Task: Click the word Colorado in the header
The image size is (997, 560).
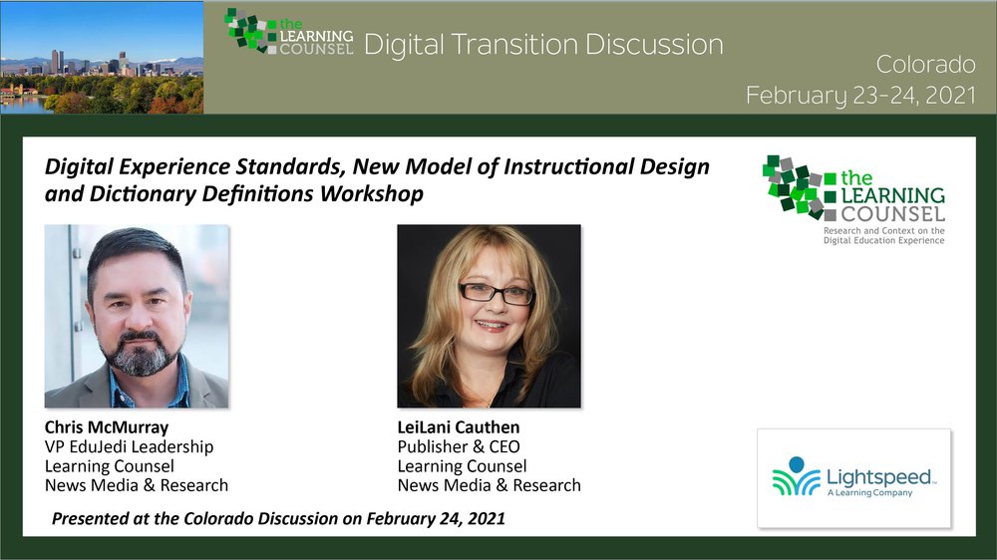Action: coord(925,64)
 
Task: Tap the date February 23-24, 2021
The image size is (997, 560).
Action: coord(861,95)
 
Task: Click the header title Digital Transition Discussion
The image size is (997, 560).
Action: coord(543,45)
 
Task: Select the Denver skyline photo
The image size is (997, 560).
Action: coord(102,57)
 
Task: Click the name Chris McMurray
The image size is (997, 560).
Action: coord(107,427)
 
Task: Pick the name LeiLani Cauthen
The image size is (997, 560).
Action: coord(459,427)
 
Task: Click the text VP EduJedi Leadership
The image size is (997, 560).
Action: coord(129,446)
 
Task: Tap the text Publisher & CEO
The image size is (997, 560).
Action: coord(459,446)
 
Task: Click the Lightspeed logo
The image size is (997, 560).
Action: coord(854,478)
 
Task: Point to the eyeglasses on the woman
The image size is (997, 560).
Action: coord(497,293)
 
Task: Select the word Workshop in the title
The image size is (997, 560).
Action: coord(371,194)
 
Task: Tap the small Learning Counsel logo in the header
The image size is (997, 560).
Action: coord(289,33)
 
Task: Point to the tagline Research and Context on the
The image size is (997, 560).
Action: coord(883,231)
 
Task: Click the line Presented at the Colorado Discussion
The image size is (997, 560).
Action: coord(278,519)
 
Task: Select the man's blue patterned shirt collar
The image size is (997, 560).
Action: coord(150,385)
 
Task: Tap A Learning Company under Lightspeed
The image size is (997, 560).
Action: coord(869,492)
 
